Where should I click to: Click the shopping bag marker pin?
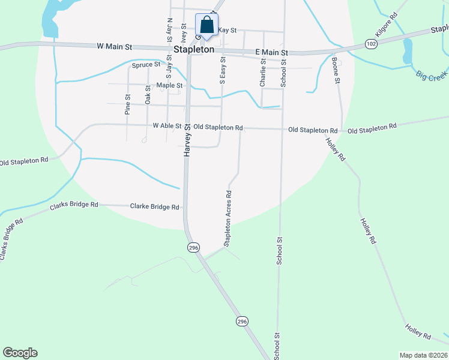[x=206, y=25]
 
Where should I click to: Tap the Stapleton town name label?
[x=194, y=50]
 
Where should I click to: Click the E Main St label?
[x=272, y=53]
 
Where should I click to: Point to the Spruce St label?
[x=146, y=64]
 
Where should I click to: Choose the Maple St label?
[x=169, y=85]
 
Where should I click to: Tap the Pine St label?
[x=128, y=104]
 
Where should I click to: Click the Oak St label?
[x=148, y=95]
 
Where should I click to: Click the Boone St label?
[x=337, y=71]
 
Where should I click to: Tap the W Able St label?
[x=167, y=126]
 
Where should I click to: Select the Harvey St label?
[x=187, y=141]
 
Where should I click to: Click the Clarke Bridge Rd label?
[x=155, y=207]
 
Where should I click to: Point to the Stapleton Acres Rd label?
[x=228, y=218]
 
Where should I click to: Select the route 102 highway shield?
[x=371, y=44]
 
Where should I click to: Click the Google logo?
[x=20, y=353]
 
